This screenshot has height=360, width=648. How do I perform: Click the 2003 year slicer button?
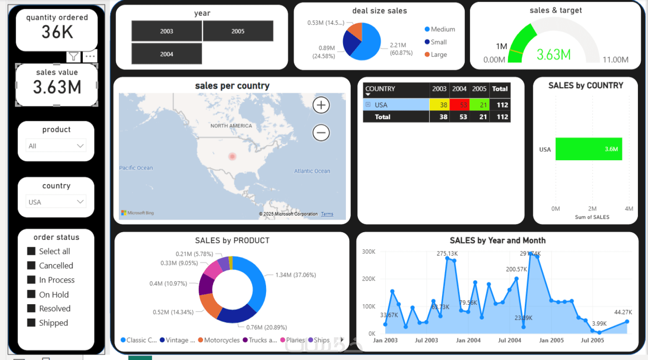pyautogui.click(x=166, y=31)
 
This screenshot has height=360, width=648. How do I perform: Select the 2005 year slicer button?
pyautogui.click(x=238, y=31)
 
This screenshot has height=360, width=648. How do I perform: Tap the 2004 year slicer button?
pyautogui.click(x=166, y=54)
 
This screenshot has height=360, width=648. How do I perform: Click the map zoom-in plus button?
pyautogui.click(x=321, y=105)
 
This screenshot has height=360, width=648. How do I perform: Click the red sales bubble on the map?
pyautogui.click(x=232, y=156)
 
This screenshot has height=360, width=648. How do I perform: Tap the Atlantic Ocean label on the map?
pyautogui.click(x=312, y=171)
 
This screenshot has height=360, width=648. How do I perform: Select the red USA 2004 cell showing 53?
pyautogui.click(x=459, y=105)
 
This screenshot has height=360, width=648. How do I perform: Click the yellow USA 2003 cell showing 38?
pyautogui.click(x=439, y=105)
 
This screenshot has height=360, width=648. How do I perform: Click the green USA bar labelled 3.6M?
pyautogui.click(x=588, y=149)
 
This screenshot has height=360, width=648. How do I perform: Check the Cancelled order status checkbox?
pyautogui.click(x=31, y=266)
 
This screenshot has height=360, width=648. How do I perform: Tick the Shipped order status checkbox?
pyautogui.click(x=31, y=323)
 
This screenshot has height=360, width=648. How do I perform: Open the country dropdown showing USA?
pyautogui.click(x=56, y=202)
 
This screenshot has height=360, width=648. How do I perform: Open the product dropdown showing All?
pyautogui.click(x=56, y=146)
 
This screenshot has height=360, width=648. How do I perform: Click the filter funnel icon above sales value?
pyautogui.click(x=73, y=57)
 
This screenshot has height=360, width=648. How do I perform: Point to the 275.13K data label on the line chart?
pyautogui.click(x=447, y=253)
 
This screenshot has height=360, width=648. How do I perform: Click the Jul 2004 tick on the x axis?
pyautogui.click(x=509, y=340)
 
